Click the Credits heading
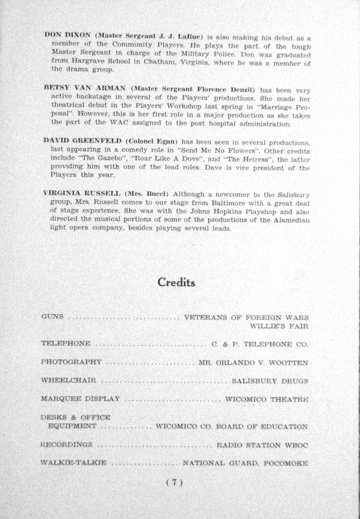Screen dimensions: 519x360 click(176, 282)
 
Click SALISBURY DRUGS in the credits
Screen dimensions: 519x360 click(270, 381)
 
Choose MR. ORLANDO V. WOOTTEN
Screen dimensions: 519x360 click(253, 362)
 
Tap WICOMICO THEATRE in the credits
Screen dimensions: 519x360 click(266, 399)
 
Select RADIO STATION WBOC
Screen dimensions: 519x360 click(262, 445)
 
